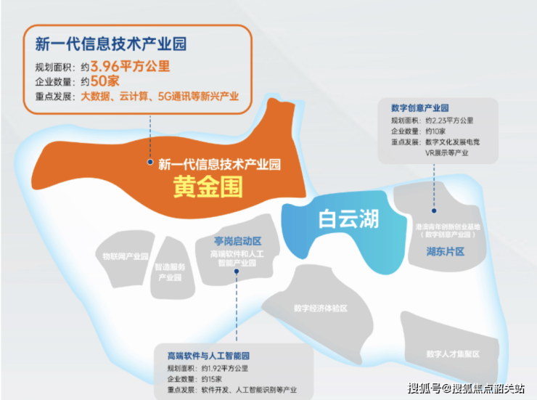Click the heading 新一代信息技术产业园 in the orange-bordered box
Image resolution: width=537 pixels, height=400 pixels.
tap(111, 44)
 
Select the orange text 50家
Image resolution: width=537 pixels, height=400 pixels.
tap(99, 81)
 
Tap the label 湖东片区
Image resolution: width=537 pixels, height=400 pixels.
tap(445, 250)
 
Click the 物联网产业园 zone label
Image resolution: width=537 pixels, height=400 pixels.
tap(126, 256)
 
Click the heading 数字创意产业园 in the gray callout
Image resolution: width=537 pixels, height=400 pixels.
tap(420, 107)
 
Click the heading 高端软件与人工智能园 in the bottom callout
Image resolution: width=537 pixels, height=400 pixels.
tap(208, 356)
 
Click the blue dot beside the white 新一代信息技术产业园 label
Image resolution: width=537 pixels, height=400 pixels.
tap(149, 163)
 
